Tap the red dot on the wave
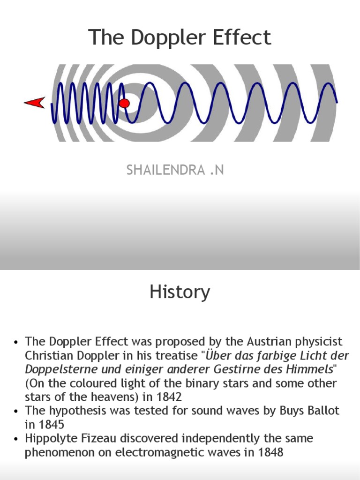[124, 103]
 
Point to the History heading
[180, 292]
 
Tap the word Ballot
[322, 411]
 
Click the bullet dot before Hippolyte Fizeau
[16, 439]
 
